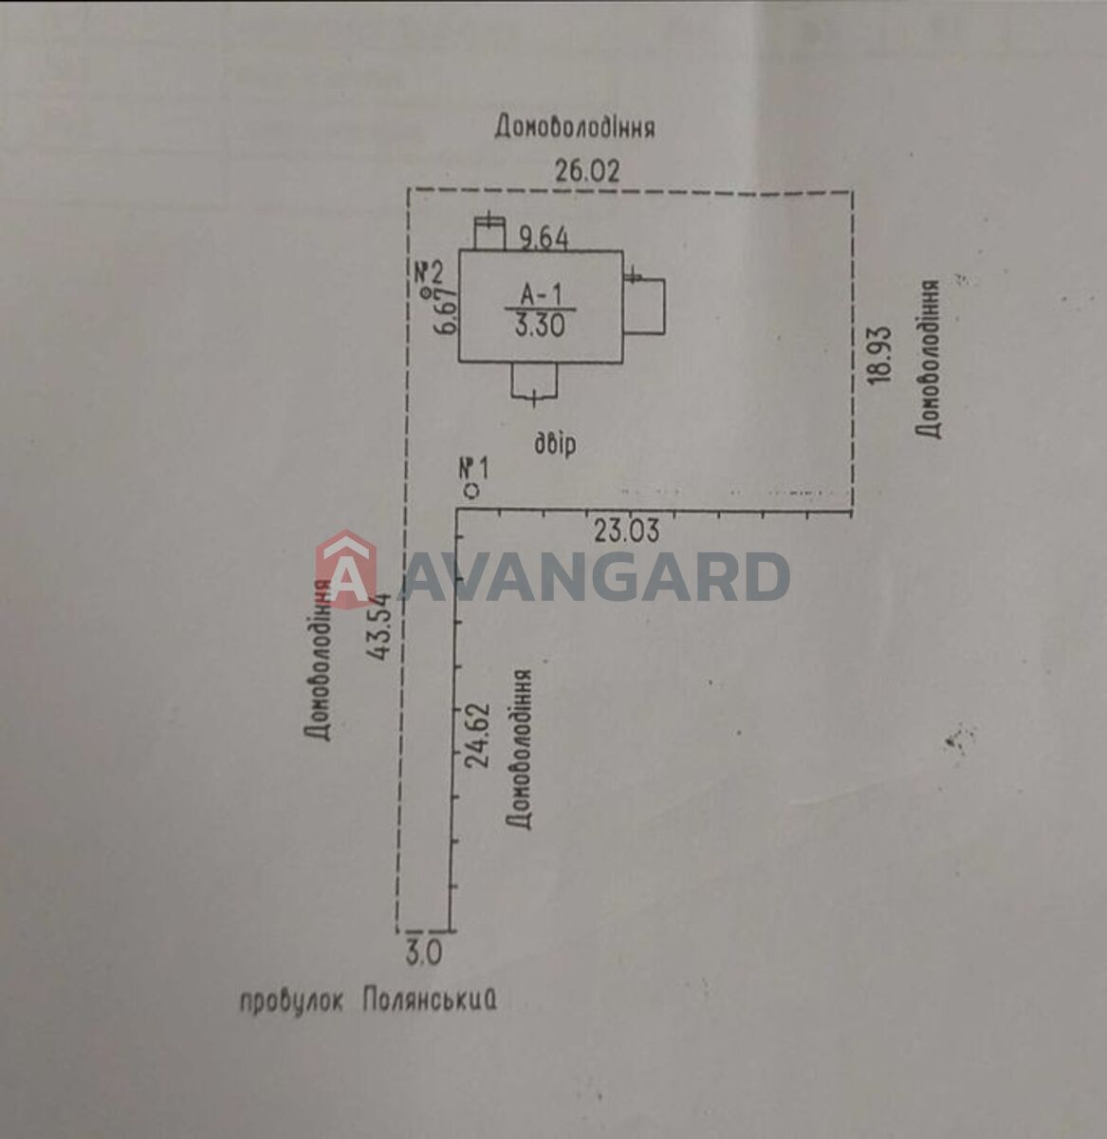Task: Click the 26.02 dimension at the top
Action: [587, 172]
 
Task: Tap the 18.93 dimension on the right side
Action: [880, 355]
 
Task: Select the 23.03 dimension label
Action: [627, 532]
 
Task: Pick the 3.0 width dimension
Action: [424, 955]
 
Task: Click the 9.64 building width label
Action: [544, 239]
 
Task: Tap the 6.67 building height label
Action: [445, 311]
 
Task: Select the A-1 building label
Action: [542, 294]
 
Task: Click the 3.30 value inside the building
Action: [540, 326]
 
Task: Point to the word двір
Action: [555, 443]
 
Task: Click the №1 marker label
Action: [474, 469]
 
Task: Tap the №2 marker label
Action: [429, 271]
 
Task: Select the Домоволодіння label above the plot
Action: [574, 126]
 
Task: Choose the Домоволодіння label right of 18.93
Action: [928, 359]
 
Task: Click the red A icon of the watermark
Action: [346, 568]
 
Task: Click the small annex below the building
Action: [534, 381]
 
